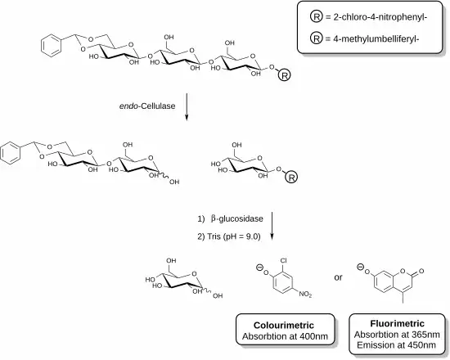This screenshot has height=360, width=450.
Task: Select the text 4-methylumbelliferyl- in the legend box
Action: (376, 38)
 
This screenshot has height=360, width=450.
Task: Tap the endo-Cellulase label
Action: (147, 106)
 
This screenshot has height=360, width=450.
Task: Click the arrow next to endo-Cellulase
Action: (187, 107)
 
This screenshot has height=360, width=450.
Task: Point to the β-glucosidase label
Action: (237, 218)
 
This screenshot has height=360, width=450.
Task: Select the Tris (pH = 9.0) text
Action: (229, 236)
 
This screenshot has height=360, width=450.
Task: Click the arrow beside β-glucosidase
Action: (272, 226)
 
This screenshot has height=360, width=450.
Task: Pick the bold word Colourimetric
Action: (284, 326)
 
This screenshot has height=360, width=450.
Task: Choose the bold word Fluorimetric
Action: (397, 323)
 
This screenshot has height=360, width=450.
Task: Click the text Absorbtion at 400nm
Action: (285, 336)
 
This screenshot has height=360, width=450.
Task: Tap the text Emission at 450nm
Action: (396, 344)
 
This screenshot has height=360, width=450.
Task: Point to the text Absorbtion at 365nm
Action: (397, 335)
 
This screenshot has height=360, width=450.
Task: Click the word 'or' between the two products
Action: (339, 277)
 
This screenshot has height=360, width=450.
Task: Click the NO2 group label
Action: (305, 294)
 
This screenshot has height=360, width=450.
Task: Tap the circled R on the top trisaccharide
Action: (285, 75)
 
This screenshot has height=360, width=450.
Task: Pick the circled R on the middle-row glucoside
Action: (291, 178)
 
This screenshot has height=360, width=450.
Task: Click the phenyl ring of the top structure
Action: (51, 45)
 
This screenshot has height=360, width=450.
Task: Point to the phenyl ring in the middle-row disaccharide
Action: (11, 153)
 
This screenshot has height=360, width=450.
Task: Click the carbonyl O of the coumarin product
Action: (421, 271)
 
